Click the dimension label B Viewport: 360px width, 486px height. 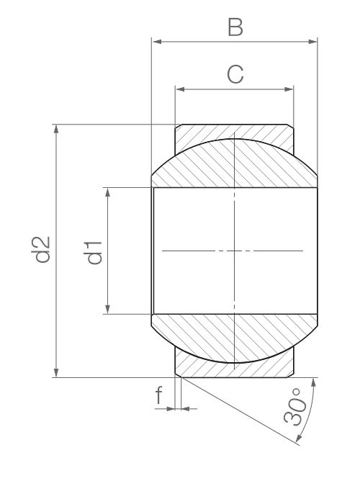pos(235,27)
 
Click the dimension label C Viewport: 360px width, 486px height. pos(235,74)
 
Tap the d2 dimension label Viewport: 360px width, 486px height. pos(41,250)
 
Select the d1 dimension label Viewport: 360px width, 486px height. pos(93,252)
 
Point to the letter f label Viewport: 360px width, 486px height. pos(158,395)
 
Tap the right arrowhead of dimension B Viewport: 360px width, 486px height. pos(312,42)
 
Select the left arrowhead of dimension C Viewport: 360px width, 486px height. pos(181,89)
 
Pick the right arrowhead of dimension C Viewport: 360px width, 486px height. pos(289,89)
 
